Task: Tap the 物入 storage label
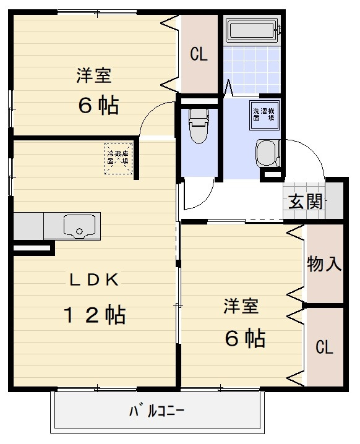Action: [x=325, y=264]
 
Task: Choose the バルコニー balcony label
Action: [x=157, y=411]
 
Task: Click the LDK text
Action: [x=93, y=280]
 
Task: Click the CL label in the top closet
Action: [x=199, y=55]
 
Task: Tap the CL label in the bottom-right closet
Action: [x=325, y=347]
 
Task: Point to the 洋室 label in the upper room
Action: [x=94, y=75]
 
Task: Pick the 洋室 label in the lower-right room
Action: [x=241, y=305]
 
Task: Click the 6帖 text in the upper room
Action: [x=98, y=106]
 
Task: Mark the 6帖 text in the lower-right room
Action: [x=245, y=338]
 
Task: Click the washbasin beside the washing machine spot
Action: [x=267, y=153]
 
